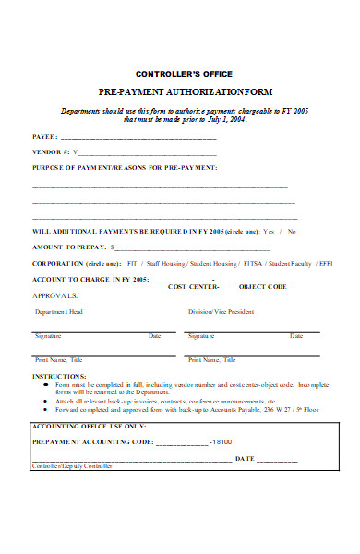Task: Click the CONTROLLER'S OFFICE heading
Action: point(184,73)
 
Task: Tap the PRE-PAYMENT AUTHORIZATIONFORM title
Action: point(184,93)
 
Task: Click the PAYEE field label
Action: point(45,136)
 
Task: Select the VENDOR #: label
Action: point(51,151)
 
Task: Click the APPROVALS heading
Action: point(55,296)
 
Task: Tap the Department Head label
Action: point(59,312)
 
